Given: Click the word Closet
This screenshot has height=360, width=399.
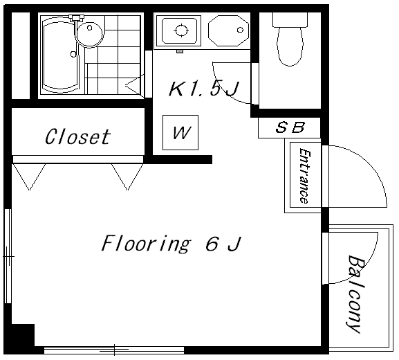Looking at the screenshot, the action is [x=77, y=136].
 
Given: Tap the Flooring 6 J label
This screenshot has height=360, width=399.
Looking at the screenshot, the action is [x=171, y=244].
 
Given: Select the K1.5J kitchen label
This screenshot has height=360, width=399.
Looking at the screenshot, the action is [x=203, y=89].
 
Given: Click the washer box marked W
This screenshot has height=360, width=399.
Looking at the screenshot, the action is [x=180, y=132].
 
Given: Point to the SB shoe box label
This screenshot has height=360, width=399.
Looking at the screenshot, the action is [x=290, y=127].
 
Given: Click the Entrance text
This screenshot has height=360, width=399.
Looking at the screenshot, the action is [x=304, y=176].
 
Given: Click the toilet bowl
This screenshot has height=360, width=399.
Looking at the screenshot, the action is [x=290, y=46].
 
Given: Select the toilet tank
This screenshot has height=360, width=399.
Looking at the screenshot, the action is [x=290, y=19].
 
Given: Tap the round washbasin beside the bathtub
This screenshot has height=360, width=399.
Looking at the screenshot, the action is [x=90, y=34].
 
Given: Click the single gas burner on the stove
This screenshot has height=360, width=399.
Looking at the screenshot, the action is [x=181, y=30].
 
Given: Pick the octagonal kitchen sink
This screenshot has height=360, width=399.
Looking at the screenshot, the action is [x=228, y=30].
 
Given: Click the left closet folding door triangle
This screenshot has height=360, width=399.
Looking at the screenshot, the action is [x=29, y=177].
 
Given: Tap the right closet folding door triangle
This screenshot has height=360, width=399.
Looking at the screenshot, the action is [x=127, y=177].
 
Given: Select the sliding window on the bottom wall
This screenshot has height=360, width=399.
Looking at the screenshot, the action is [x=114, y=350].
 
